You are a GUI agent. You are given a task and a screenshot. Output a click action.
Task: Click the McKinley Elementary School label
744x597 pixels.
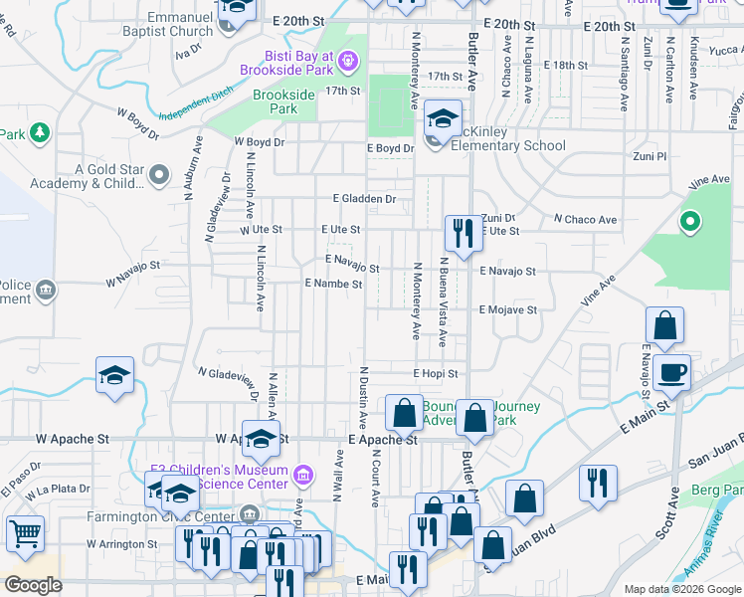pos(508,145)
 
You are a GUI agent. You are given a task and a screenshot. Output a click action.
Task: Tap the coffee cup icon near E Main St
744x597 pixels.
pos(673,372)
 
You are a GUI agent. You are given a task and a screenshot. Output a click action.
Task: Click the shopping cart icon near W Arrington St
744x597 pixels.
pos(25,532)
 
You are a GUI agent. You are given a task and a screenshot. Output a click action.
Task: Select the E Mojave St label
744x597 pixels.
pos(507,309)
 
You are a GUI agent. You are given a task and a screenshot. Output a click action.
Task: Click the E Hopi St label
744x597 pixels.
pos(436,373)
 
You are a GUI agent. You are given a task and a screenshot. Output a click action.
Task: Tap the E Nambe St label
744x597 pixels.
pos(332,284)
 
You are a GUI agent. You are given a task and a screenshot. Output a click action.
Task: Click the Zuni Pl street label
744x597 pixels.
pos(649,157)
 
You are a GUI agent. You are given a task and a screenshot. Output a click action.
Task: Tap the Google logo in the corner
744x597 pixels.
pos(33,585)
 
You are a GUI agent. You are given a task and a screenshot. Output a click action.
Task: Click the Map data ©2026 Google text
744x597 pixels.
pos(681,589)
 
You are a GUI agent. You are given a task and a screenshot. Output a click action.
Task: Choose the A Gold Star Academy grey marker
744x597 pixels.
pos(159,176)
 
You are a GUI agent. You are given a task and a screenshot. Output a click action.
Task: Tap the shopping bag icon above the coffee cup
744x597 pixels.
pos(664,325)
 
